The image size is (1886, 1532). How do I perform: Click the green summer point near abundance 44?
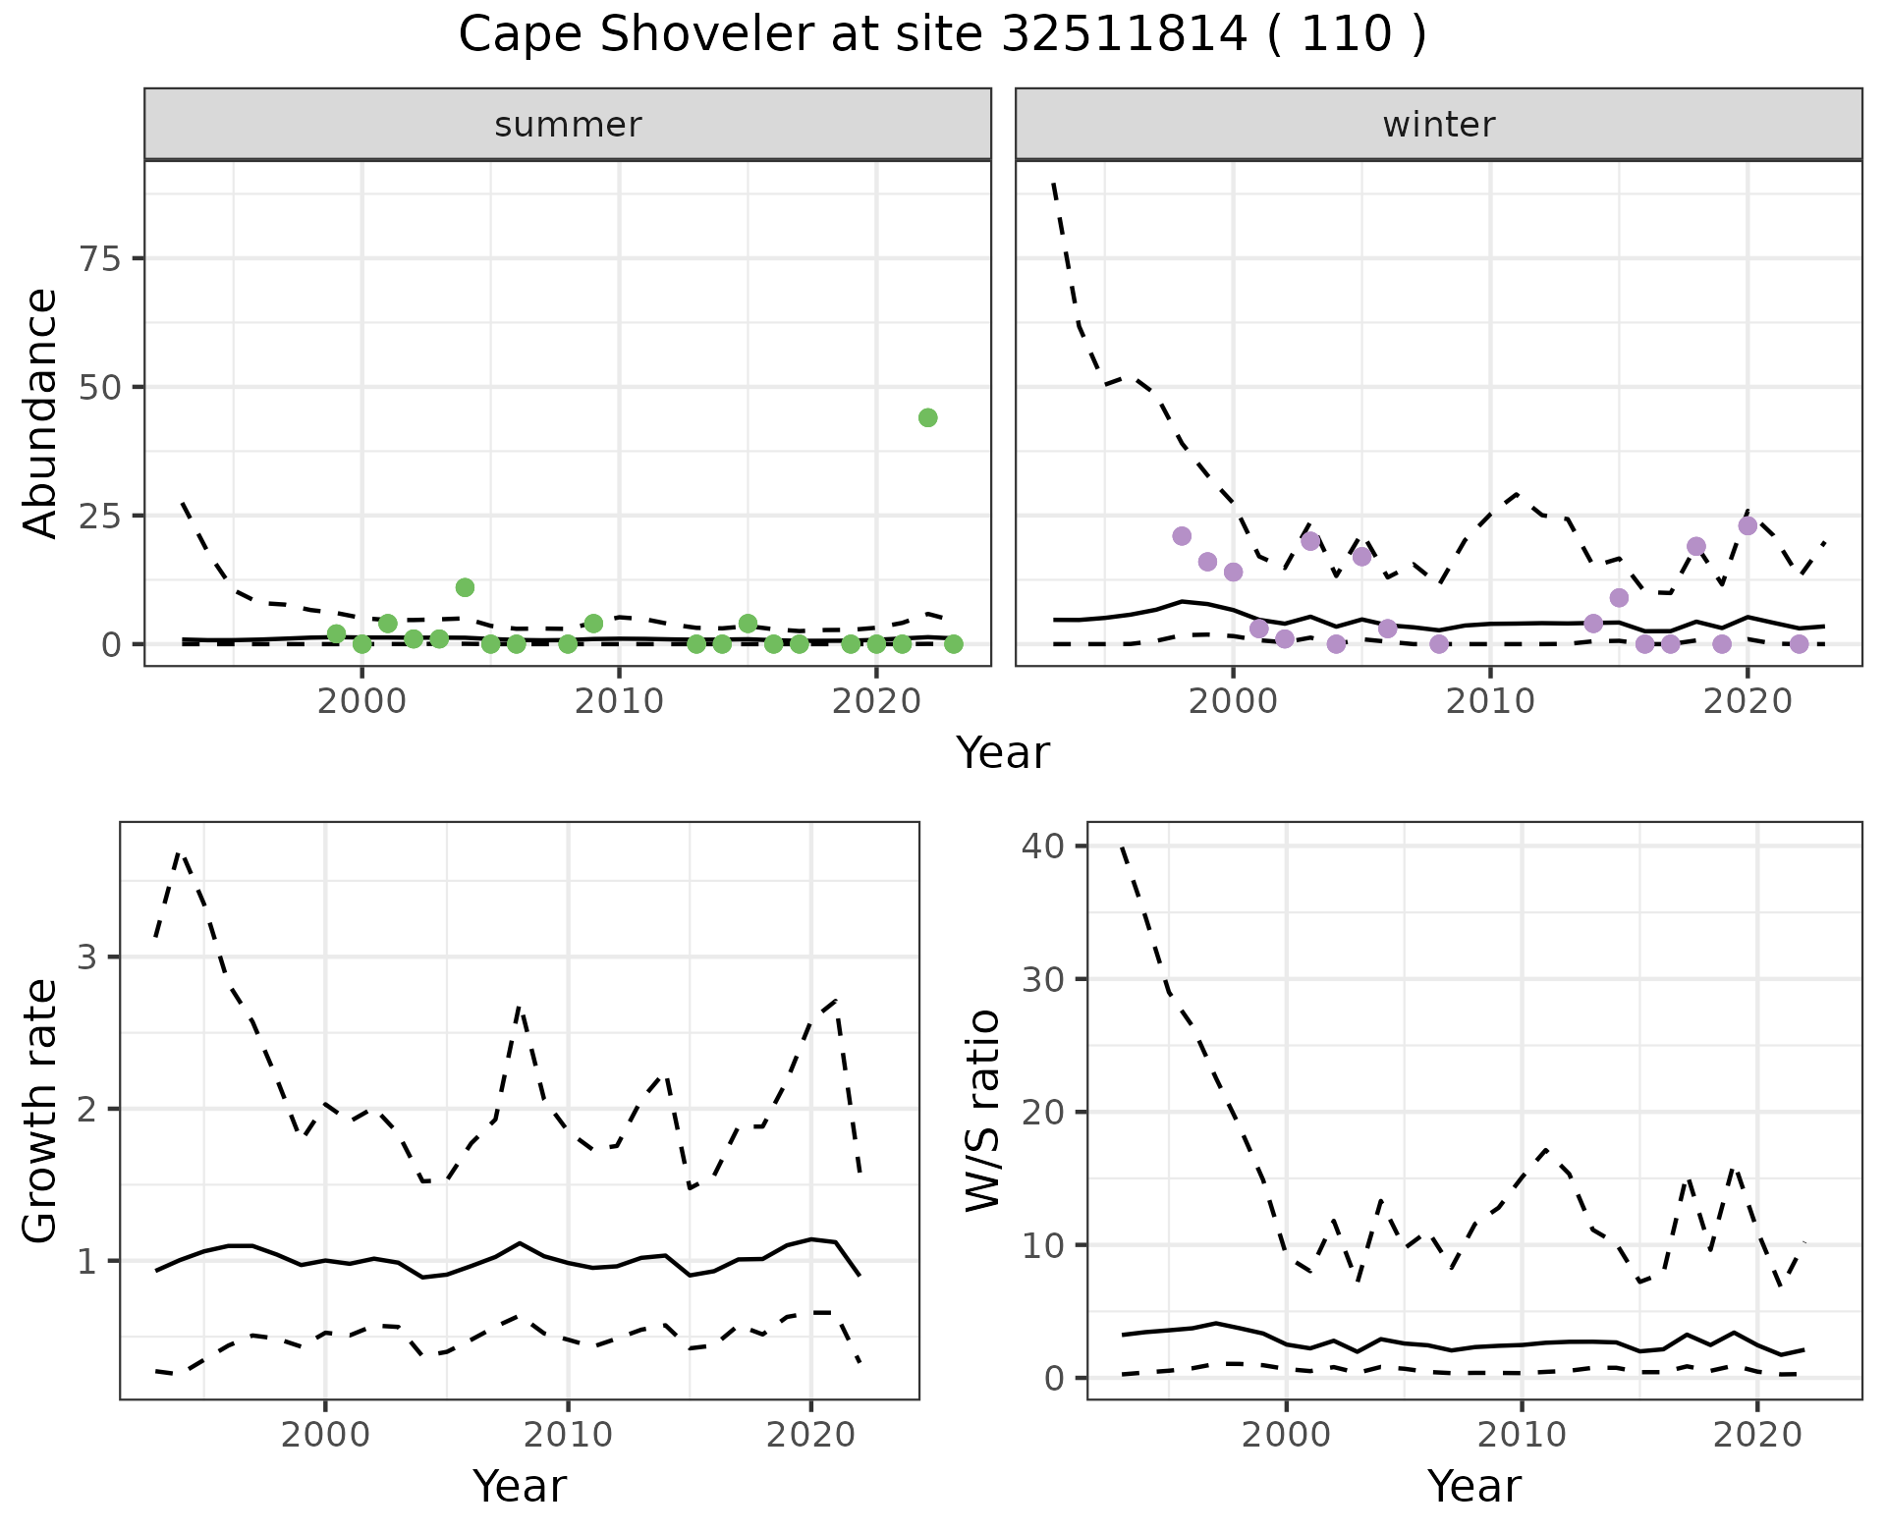coord(927,417)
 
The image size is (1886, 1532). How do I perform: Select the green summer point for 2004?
coord(466,587)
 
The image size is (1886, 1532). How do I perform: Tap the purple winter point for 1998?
coord(1182,536)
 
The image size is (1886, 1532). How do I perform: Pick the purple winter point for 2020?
coord(1747,525)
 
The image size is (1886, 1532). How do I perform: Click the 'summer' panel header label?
coord(568,125)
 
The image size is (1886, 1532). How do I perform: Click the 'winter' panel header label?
coord(1439,125)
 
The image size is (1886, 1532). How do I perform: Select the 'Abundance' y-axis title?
coord(41,413)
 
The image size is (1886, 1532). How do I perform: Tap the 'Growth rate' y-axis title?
coord(41,1111)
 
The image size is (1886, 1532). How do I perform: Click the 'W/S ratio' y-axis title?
coord(982,1111)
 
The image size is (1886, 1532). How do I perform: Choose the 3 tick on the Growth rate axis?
coord(86,957)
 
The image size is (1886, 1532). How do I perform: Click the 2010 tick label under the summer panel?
coord(619,701)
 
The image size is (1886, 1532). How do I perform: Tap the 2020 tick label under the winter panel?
coord(1747,701)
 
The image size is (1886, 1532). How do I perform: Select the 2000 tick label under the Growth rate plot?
coord(325,1434)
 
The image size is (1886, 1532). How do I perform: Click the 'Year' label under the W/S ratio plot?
coord(1474,1486)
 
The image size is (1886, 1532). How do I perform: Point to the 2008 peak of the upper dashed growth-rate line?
coord(520,1009)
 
